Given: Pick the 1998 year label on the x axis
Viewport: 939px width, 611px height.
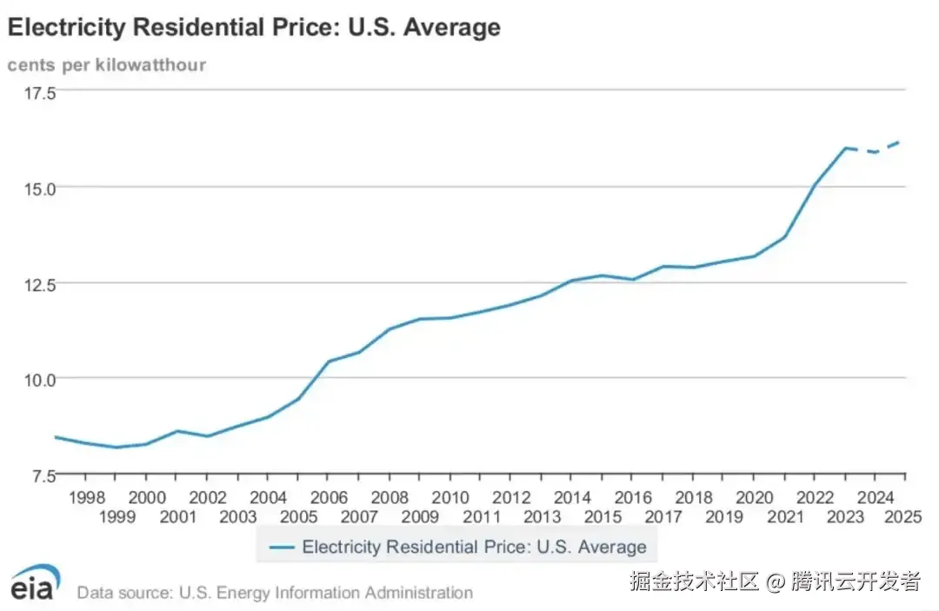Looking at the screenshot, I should (86, 498).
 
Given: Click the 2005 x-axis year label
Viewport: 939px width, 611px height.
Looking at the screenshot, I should (298, 516).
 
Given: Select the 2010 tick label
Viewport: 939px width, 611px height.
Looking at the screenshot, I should (450, 498).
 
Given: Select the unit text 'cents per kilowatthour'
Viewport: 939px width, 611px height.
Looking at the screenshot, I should (107, 65).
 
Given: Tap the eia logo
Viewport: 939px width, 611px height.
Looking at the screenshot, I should (36, 582).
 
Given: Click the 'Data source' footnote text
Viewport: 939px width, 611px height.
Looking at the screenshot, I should (275, 593).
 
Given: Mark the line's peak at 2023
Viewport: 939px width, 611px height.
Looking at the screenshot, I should (844, 148).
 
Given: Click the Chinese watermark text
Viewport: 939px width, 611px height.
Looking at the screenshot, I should (775, 581).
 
